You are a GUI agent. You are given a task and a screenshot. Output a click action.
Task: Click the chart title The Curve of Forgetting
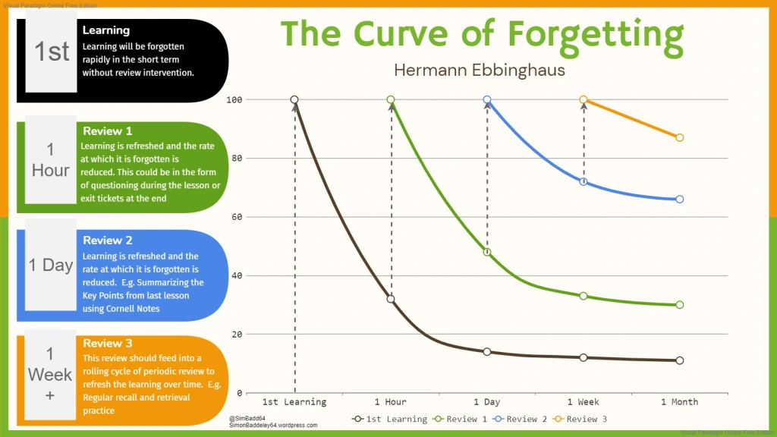483,34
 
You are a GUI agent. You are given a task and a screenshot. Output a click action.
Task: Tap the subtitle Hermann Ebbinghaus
480,70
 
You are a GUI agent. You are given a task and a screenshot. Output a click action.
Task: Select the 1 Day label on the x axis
486,401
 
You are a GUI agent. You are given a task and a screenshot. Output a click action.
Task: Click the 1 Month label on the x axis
679,401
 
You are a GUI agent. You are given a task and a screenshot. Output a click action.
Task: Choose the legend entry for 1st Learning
390,419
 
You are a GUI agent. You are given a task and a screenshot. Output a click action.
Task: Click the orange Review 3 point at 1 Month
679,138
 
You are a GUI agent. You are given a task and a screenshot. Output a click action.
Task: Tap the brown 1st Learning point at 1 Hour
391,299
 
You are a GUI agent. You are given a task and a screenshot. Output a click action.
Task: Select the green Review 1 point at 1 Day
487,252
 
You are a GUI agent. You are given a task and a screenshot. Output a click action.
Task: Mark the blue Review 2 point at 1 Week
584,181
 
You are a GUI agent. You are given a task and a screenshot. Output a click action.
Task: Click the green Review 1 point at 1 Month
679,305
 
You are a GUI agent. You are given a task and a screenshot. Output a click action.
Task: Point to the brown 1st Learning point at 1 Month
679,360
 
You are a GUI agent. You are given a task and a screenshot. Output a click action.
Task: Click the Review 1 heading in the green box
107,131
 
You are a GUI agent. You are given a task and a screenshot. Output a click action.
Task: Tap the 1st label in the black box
52,52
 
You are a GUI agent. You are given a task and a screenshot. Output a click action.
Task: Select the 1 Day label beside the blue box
51,265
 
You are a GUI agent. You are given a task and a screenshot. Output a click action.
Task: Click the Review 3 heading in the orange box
107,343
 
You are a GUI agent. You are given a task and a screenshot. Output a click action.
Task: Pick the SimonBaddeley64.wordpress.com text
273,426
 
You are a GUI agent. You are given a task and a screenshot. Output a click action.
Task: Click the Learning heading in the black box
106,30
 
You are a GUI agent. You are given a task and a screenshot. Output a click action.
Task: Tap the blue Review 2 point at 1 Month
679,200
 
